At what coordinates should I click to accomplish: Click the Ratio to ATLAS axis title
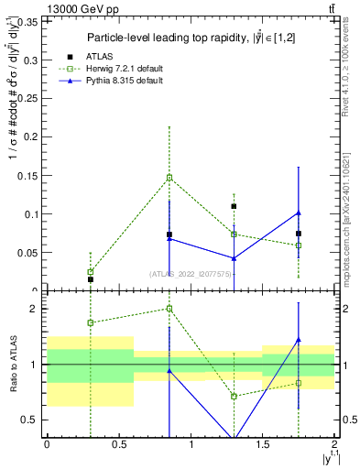[x=12, y=364]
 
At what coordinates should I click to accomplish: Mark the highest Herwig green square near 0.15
[x=169, y=178]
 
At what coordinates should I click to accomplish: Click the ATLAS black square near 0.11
[x=234, y=206]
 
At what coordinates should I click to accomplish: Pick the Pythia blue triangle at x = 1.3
[x=234, y=258]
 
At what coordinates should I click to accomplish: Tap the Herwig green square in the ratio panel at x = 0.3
[x=90, y=322]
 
